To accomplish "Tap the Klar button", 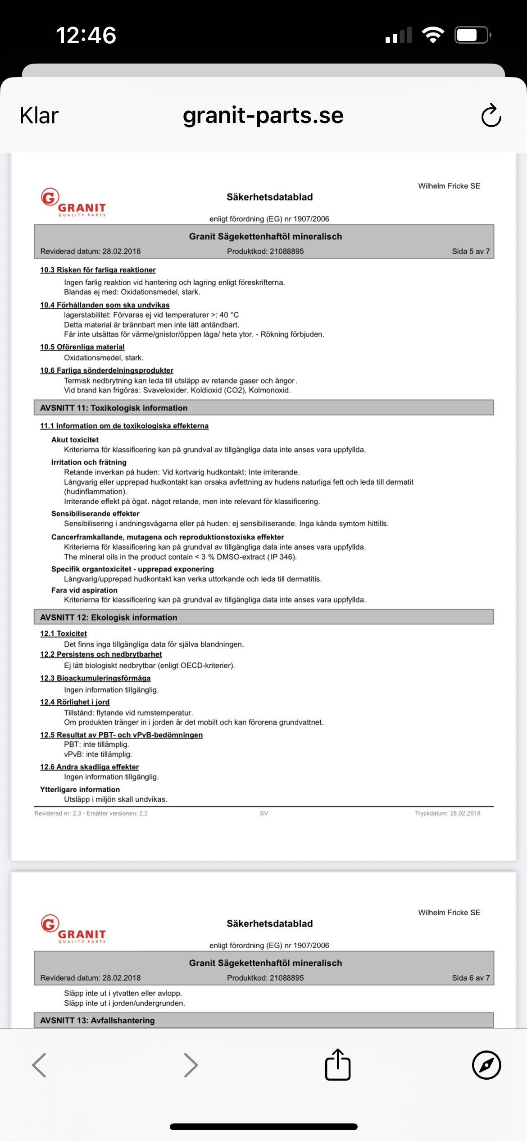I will [x=39, y=116].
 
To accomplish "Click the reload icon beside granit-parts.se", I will [x=491, y=116].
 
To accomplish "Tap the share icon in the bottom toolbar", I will [x=338, y=1065].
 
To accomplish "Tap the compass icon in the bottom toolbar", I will [x=486, y=1065].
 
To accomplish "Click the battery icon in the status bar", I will [x=472, y=35].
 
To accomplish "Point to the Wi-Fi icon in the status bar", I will [x=433, y=35].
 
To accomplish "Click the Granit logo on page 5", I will [x=73, y=203].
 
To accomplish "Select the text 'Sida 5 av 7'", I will [x=471, y=251].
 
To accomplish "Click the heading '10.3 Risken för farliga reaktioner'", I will [x=98, y=270].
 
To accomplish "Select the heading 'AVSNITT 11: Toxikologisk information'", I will [x=114, y=408].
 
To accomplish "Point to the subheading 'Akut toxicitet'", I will [x=75, y=440].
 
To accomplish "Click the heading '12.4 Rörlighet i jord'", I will [x=75, y=702].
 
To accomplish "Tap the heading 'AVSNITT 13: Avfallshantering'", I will [x=97, y=1021].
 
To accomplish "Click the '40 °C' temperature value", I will [x=229, y=315].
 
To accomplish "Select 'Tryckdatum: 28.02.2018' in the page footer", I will [x=447, y=813].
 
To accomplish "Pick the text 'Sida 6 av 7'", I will [x=471, y=978].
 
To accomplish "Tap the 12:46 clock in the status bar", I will [x=86, y=35].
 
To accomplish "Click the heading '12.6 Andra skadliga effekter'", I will [x=89, y=767].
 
